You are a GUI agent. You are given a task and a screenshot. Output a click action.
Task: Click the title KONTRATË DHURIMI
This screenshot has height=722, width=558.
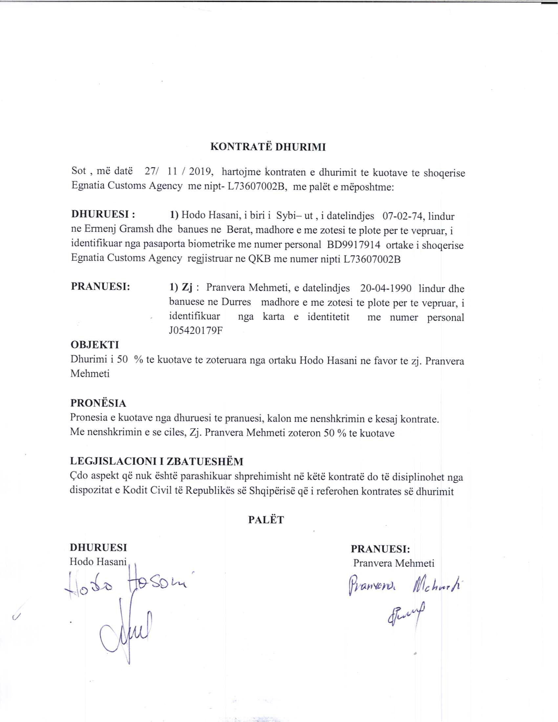(x=268, y=147)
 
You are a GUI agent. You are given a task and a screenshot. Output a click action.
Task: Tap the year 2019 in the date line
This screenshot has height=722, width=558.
(x=202, y=172)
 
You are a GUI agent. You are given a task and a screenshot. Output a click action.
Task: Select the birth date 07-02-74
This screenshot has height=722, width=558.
(x=403, y=216)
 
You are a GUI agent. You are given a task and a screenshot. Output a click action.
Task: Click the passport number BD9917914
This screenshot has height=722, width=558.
(x=354, y=245)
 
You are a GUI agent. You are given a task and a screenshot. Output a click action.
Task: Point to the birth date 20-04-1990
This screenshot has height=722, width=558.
(x=385, y=288)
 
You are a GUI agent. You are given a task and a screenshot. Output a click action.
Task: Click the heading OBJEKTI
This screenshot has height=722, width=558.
(x=95, y=345)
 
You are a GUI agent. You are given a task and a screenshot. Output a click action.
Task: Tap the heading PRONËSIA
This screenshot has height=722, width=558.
(x=98, y=403)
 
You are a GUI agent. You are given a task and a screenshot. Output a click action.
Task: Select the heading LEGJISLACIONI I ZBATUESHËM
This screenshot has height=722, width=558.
(x=156, y=461)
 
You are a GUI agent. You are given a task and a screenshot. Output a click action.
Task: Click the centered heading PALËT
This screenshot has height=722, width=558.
(x=266, y=520)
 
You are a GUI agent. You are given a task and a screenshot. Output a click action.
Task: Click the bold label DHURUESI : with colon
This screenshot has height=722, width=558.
(x=103, y=214)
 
